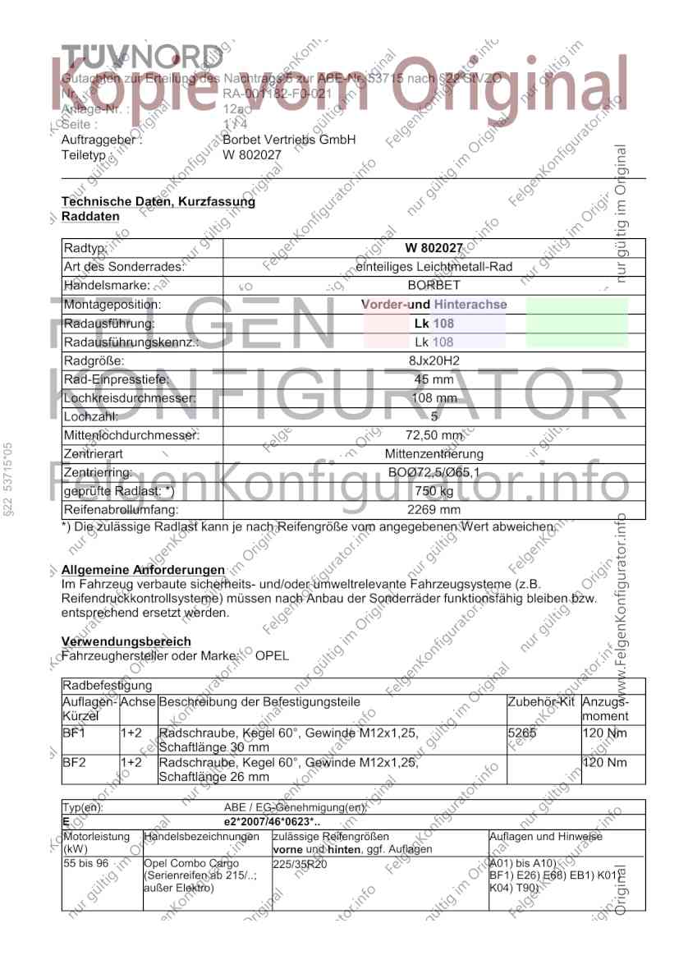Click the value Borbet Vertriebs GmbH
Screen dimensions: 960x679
click(x=289, y=140)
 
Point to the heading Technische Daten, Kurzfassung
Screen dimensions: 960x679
click(x=158, y=201)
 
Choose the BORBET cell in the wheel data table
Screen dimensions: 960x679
click(x=434, y=286)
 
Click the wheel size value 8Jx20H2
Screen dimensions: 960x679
click(x=434, y=361)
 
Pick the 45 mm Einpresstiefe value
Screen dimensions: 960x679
click(x=434, y=379)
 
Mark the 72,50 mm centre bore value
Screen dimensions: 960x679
click(x=434, y=435)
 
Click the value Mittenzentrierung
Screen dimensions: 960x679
click(x=434, y=454)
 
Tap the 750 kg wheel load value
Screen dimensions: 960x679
click(x=434, y=491)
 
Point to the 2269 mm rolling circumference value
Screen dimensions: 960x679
click(x=434, y=510)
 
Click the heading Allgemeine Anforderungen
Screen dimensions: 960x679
click(x=143, y=570)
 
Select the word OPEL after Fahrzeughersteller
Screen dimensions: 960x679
click(x=272, y=655)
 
